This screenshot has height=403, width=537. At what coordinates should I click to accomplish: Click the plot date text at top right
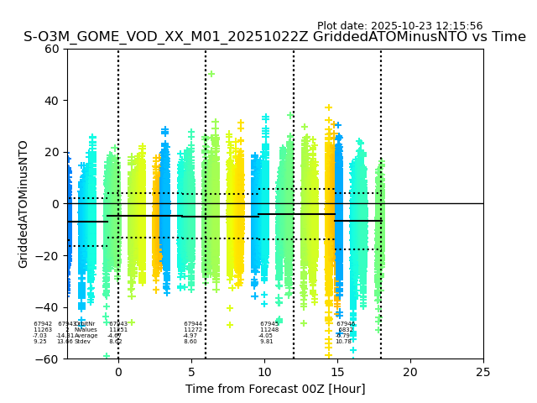pos(399,26)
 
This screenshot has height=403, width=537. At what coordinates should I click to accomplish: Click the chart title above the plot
pos(274,37)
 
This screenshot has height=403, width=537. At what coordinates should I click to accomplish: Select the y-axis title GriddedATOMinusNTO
pos(23,204)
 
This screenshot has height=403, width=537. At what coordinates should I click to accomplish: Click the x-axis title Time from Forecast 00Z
pos(275,389)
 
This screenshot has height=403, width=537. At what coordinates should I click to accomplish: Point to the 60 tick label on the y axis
pos(52,49)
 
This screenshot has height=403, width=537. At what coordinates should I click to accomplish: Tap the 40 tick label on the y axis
pos(52,101)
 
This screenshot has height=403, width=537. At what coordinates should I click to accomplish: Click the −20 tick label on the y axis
pos(49,256)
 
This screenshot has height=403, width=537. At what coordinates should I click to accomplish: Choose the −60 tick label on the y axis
pos(49,359)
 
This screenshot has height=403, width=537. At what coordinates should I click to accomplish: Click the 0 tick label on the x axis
pos(118,372)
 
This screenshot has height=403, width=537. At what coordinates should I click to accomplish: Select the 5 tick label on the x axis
pos(191,372)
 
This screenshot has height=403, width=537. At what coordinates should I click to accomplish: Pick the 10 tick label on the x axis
pos(264,372)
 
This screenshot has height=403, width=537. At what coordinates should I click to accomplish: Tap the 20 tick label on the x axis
pos(410,372)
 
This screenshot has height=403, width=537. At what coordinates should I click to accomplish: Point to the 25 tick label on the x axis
pos(483,372)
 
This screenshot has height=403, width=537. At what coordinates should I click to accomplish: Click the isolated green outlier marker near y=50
pos(211,74)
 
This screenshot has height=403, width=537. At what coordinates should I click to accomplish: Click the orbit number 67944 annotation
pos(193,324)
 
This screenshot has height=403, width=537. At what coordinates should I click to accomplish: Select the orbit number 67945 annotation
pos(269,324)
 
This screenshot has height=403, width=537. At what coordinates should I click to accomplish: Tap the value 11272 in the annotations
pos(193,330)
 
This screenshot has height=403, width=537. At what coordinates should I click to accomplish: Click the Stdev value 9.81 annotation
pos(266,342)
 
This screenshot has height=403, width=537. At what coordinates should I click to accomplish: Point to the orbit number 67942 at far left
pos(43,324)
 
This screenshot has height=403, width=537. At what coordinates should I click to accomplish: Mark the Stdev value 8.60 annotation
pos(190,342)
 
